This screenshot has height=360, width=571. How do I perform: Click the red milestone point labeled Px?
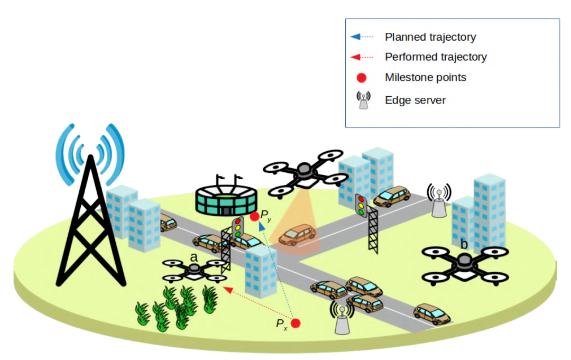click(x=296, y=323)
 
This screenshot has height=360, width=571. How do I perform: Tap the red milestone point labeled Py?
click(x=254, y=216)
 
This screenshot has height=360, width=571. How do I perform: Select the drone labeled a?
click(x=194, y=270)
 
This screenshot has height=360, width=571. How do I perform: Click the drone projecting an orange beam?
click(x=304, y=171)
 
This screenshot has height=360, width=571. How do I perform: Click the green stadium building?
click(x=226, y=199)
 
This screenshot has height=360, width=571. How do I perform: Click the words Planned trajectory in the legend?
click(x=430, y=37)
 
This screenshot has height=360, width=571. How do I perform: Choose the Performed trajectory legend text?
click(x=436, y=57)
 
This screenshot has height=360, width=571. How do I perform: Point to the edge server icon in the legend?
click(x=363, y=99)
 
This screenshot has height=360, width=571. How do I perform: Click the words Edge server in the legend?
click(x=415, y=100)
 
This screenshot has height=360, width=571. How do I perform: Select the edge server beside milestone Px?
click(x=343, y=318)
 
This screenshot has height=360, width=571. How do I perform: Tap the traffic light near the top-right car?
click(x=362, y=206)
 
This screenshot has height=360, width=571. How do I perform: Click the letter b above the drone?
click(x=464, y=244)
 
